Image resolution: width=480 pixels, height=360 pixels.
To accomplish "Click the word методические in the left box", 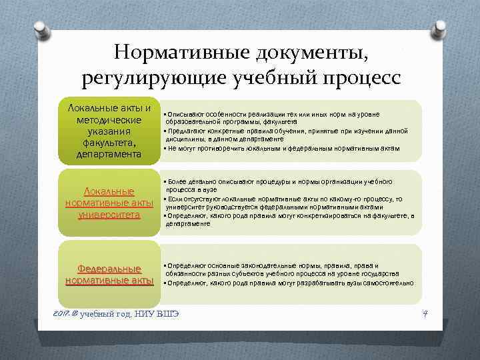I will (x=109, y=119).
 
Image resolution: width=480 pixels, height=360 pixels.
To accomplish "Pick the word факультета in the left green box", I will (x=109, y=143).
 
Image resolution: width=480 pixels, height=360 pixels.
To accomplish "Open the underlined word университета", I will (x=109, y=215).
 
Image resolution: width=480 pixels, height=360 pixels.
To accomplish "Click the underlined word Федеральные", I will (x=109, y=269).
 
